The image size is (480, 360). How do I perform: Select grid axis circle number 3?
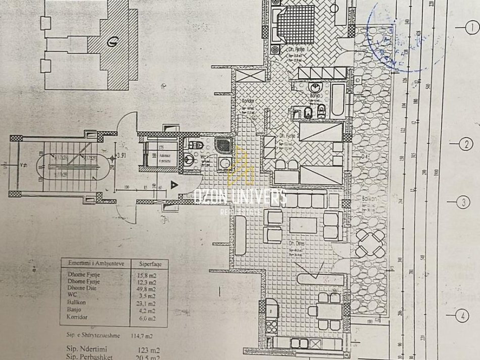[x=463, y=203]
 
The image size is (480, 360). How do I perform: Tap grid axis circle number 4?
[x=461, y=317]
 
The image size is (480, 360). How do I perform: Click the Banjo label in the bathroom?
[x=315, y=94]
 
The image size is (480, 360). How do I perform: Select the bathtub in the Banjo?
[x=338, y=101]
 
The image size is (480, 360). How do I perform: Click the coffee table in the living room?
[x=303, y=225]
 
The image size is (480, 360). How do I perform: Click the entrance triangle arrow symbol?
[x=175, y=185]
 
